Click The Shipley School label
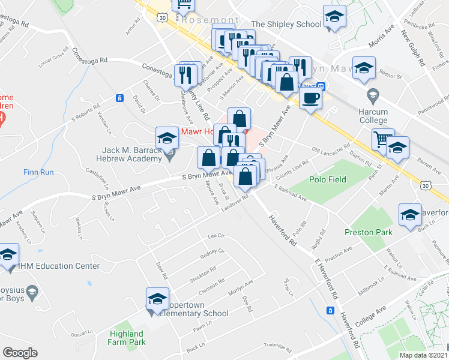pyautogui.click(x=286, y=24)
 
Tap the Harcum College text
pyautogui.click(x=374, y=116)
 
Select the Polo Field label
pyautogui.click(x=327, y=179)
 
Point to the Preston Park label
pyautogui.click(x=368, y=232)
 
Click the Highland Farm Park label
pyautogui.click(x=127, y=338)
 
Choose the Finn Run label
pyautogui.click(x=40, y=172)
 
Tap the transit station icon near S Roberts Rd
pyautogui.click(x=120, y=98)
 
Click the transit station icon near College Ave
pyautogui.click(x=330, y=310)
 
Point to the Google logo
pyautogui.click(x=20, y=353)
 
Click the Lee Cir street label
pyautogui.click(x=215, y=236)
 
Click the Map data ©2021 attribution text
pyautogui.click(x=424, y=355)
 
